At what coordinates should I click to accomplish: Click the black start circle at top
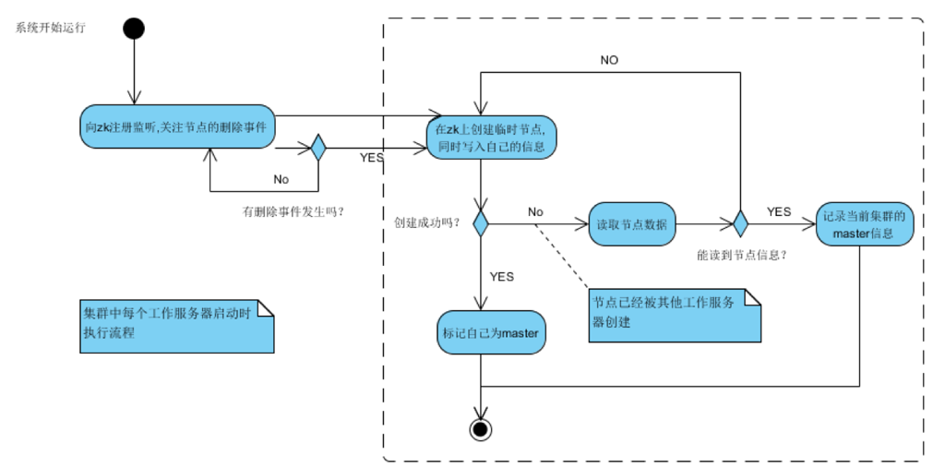click(x=134, y=28)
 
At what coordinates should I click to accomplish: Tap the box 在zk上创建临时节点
click(x=491, y=138)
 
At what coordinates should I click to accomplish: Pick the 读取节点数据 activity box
click(x=631, y=223)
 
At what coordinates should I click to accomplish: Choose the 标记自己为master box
click(x=491, y=333)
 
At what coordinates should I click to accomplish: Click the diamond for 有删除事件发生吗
click(x=318, y=148)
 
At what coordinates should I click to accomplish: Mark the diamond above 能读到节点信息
click(x=739, y=223)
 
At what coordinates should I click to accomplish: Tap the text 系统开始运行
click(x=51, y=28)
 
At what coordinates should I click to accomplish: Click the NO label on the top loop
click(x=609, y=60)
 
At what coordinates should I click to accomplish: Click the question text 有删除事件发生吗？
click(x=293, y=210)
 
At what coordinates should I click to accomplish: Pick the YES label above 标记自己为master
click(x=501, y=276)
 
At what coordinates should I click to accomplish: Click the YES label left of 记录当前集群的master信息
click(x=779, y=211)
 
